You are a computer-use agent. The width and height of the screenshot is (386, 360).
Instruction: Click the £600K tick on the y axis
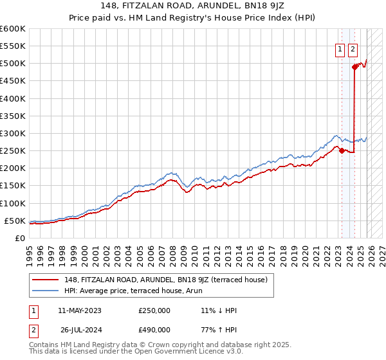(x=12, y=29)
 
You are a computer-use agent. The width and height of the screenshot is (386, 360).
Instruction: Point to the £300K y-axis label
(x=12, y=133)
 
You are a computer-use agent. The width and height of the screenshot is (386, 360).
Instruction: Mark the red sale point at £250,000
(x=342, y=151)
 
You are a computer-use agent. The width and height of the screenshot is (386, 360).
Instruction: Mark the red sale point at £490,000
(x=354, y=67)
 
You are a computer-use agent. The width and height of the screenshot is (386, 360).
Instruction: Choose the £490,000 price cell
(x=154, y=332)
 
